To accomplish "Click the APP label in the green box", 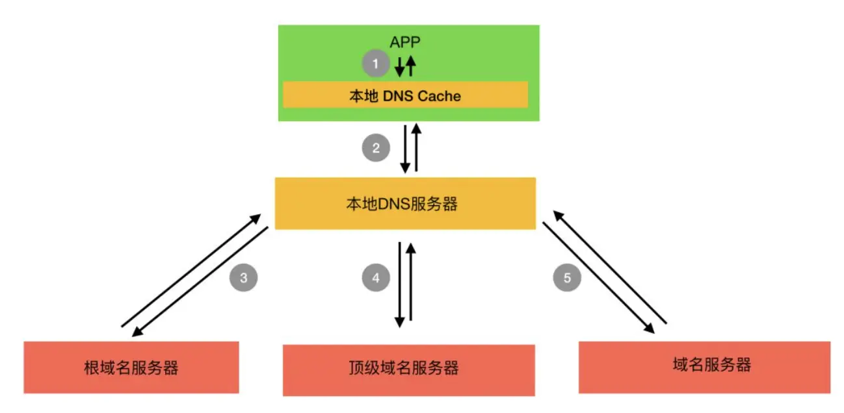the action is [x=404, y=42].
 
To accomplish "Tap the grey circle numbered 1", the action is [x=375, y=64].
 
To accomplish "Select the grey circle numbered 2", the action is [x=375, y=148].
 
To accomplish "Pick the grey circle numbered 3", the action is [x=243, y=278].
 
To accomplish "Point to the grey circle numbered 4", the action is [x=375, y=278].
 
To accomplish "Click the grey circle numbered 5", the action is [x=567, y=278].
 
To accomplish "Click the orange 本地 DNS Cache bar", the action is [x=404, y=96].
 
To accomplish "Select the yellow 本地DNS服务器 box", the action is [x=404, y=203].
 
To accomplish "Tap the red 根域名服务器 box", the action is [x=131, y=368].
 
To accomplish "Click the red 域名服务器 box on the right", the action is [x=704, y=366].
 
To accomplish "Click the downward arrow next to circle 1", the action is [x=400, y=66].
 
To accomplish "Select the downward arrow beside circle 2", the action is [x=405, y=149].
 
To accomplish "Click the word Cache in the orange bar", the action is [x=439, y=96].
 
